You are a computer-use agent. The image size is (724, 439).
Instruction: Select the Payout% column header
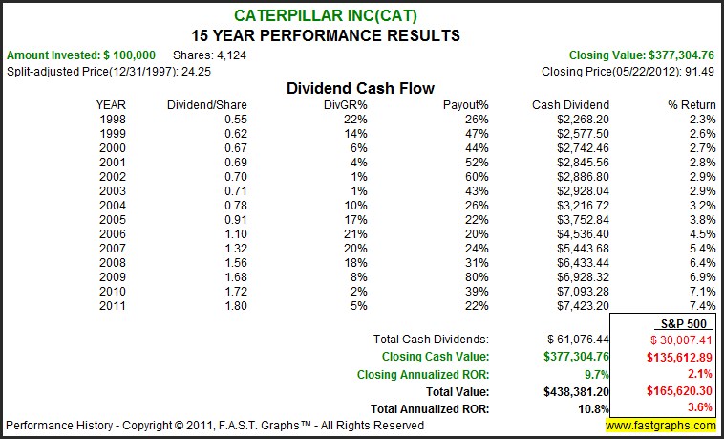466,103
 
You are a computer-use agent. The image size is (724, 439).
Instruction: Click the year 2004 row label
111,205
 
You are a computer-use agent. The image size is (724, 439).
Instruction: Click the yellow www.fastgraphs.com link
659,425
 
